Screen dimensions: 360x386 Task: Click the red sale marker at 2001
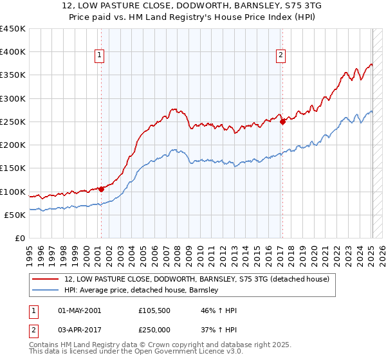coord(101,189)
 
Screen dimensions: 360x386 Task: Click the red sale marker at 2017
coord(282,122)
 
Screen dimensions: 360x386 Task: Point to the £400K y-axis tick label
coord(13,52)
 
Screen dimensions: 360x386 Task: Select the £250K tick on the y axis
coord(13,122)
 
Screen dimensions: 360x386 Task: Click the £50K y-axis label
coord(15,215)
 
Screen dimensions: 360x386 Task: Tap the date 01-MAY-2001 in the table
coord(79,310)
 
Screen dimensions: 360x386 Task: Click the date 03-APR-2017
coord(79,328)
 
